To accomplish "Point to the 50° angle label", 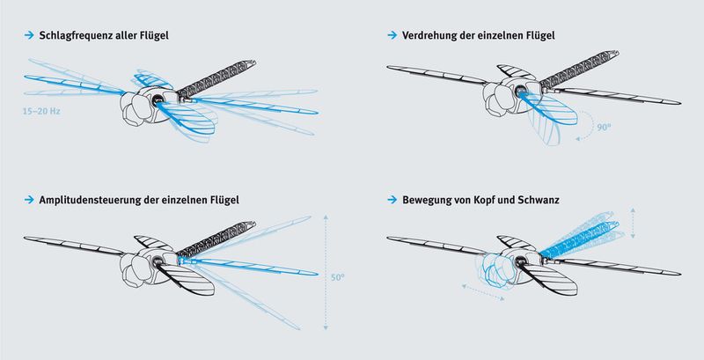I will click(x=336, y=276).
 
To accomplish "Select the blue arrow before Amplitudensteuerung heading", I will click(x=28, y=201).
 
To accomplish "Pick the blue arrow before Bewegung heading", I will click(x=392, y=201).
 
